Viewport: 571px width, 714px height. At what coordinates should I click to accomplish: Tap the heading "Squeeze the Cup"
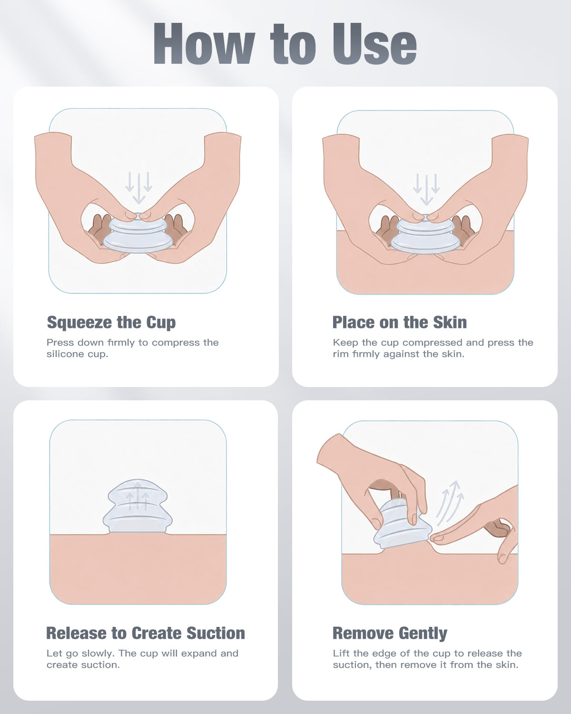click(x=111, y=323)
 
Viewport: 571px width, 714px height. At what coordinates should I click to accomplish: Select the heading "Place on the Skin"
click(x=400, y=323)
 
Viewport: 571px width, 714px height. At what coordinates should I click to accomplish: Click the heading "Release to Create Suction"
click(x=146, y=633)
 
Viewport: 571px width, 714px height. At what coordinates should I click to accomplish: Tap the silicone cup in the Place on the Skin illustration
click(x=425, y=234)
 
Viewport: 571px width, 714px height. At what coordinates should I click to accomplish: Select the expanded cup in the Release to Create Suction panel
click(x=138, y=506)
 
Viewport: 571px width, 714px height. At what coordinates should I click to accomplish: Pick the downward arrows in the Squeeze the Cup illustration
click(x=138, y=188)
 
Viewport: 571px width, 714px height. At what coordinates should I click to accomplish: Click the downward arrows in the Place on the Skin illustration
click(x=426, y=189)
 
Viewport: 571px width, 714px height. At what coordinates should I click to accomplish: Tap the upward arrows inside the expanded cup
click(x=138, y=496)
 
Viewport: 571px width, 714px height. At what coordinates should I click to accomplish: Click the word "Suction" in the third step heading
click(x=216, y=633)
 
